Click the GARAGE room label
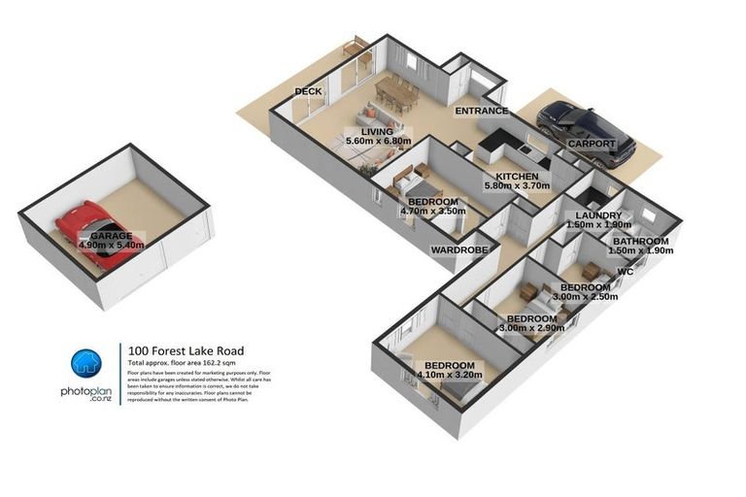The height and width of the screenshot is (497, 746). coord(111,236)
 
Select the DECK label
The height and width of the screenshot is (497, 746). coord(308,92)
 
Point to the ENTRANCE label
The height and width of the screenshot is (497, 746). coord(483,113)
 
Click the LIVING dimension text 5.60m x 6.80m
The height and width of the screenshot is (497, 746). coord(379,142)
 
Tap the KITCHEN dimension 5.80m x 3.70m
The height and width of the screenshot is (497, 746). coord(517,186)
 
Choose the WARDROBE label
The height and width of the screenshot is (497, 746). coord(458,249)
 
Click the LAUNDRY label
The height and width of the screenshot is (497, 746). coord(598,215)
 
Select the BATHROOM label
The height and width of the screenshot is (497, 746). coord(640,241)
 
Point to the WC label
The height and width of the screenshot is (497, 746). coord(626,272)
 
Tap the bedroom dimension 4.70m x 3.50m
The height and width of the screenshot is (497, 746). coord(432,211)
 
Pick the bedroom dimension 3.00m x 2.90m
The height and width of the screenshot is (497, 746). coord(531,329)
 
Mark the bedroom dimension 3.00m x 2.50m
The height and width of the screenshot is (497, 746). coord(585,297)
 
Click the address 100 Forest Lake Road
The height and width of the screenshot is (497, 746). coord(185,350)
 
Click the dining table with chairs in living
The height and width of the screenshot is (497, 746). coord(396,92)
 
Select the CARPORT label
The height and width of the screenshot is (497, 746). coord(592,144)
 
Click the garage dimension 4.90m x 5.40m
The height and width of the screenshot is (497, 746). coord(111,246)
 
